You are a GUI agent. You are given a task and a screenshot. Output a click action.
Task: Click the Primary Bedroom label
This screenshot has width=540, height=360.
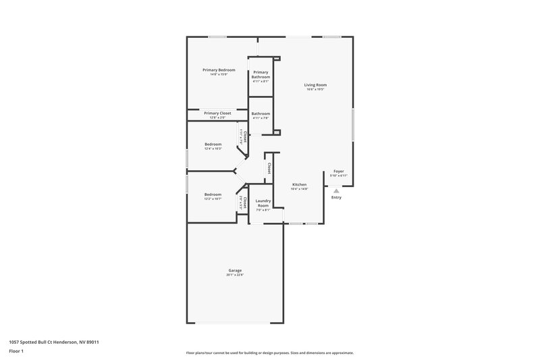(x=219, y=70)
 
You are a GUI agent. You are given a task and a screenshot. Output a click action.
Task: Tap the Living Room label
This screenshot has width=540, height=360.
(x=315, y=84)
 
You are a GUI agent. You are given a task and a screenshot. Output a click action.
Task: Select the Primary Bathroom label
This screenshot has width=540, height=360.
(x=261, y=75)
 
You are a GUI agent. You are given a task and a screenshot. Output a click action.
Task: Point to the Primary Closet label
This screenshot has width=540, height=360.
(x=217, y=113)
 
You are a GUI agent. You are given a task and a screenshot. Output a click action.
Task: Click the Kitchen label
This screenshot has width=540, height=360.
(x=299, y=184)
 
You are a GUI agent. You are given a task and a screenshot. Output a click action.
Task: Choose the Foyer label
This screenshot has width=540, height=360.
(x=338, y=171)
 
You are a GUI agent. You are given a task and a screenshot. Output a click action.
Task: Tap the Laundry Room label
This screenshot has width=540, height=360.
(x=263, y=203)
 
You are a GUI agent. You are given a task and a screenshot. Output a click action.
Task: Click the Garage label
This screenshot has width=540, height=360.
(x=234, y=270)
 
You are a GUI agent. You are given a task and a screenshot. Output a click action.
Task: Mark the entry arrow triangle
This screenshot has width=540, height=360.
(x=336, y=191)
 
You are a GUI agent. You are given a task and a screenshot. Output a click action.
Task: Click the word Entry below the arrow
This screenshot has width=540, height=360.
(x=336, y=197)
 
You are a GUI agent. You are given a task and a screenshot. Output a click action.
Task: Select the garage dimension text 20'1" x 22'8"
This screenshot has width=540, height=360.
(x=234, y=275)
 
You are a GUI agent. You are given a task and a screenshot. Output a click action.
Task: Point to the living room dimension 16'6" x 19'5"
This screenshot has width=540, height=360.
(x=315, y=89)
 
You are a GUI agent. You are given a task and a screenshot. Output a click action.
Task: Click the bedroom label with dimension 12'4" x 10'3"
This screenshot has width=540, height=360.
(x=213, y=144)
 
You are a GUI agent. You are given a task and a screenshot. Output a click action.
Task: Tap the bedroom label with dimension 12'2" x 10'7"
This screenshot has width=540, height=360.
(x=213, y=195)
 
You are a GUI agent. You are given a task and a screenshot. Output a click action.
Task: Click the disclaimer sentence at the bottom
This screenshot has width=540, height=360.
(x=269, y=353)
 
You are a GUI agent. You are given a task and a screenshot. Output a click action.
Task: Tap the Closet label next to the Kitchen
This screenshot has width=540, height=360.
(x=269, y=168)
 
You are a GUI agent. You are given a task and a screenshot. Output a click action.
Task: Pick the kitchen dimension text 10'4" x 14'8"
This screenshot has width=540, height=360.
(x=299, y=189)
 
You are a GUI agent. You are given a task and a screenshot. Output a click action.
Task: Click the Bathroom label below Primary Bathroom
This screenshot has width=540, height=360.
(x=261, y=113)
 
